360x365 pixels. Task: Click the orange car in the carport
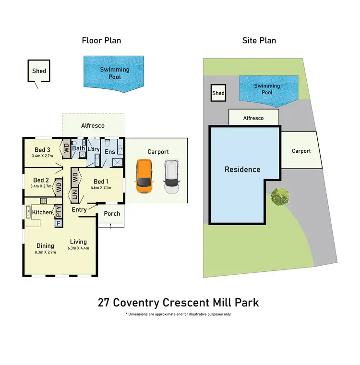coord(144,176)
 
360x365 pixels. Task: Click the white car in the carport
coord(172,176)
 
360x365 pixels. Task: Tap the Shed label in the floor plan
coord(39,71)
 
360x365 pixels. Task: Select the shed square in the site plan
coord(218,93)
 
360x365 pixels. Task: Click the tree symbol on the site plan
coord(280,196)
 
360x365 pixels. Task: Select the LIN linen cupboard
coord(74,195)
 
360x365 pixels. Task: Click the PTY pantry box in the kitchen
coord(59,211)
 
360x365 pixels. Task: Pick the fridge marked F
coord(59,223)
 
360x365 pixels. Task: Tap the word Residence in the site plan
coord(242,170)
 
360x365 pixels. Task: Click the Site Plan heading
coord(259,40)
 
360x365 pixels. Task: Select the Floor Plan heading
coord(101,40)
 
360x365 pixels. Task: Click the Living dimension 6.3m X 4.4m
coord(79,248)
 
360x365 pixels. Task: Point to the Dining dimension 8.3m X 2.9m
coord(45,252)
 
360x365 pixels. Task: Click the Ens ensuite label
coord(110,151)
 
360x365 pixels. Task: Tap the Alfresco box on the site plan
coord(253,118)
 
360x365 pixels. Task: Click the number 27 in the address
coord(103,303)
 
